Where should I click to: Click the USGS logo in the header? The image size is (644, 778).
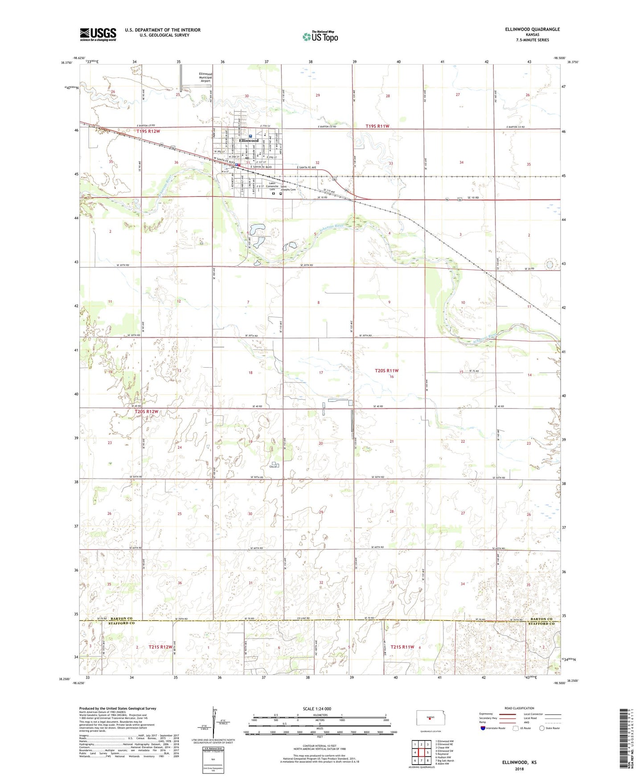tap(98, 34)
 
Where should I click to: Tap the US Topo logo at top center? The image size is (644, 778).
tap(320, 37)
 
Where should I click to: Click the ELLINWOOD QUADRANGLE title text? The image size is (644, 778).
tap(532, 29)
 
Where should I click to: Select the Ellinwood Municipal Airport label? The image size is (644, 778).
tap(205, 78)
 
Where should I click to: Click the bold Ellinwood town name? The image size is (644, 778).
tap(249, 140)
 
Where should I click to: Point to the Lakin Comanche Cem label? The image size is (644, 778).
tap(273, 186)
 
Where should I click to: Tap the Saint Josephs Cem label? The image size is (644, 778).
tap(288, 188)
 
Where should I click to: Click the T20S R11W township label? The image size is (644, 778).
tap(386, 371)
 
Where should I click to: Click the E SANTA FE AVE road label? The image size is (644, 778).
tap(304, 168)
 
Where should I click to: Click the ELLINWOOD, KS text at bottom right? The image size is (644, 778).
tap(519, 762)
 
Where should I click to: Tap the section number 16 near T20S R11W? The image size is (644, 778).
tap(392, 377)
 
